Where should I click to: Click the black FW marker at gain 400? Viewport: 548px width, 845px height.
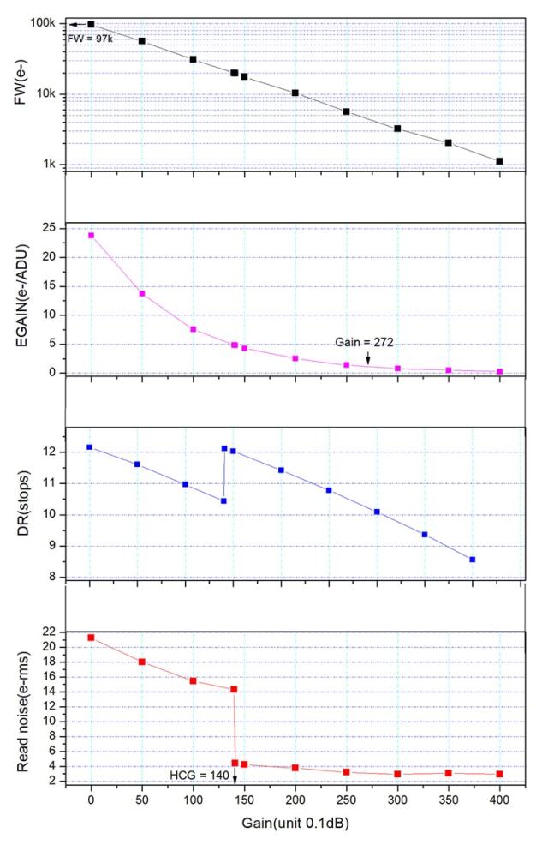click(499, 161)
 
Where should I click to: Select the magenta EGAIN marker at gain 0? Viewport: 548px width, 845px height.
click(91, 235)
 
